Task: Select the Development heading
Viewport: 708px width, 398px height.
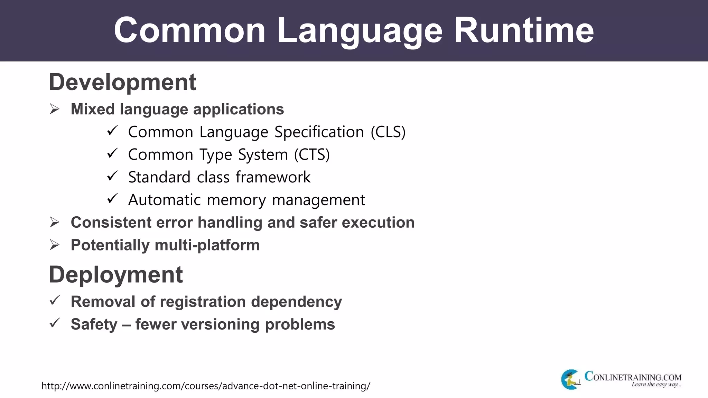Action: (122, 82)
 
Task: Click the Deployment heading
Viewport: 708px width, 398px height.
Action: (116, 275)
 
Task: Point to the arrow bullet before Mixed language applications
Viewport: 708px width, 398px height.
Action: (55, 109)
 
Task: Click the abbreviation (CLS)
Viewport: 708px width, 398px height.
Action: (388, 132)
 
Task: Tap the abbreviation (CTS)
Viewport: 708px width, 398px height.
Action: (312, 154)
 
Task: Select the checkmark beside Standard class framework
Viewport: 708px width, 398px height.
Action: (112, 176)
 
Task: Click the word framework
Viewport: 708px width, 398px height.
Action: (273, 177)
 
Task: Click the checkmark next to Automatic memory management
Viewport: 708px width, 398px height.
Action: (112, 199)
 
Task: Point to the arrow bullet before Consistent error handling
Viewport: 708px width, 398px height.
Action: (55, 222)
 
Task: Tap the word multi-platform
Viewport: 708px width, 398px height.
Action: (207, 245)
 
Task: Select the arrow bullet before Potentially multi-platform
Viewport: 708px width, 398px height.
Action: (55, 245)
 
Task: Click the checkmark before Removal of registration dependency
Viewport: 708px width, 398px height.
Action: (55, 300)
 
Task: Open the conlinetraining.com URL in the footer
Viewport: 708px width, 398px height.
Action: (206, 386)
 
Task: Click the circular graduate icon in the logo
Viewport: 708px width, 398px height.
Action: (570, 379)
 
